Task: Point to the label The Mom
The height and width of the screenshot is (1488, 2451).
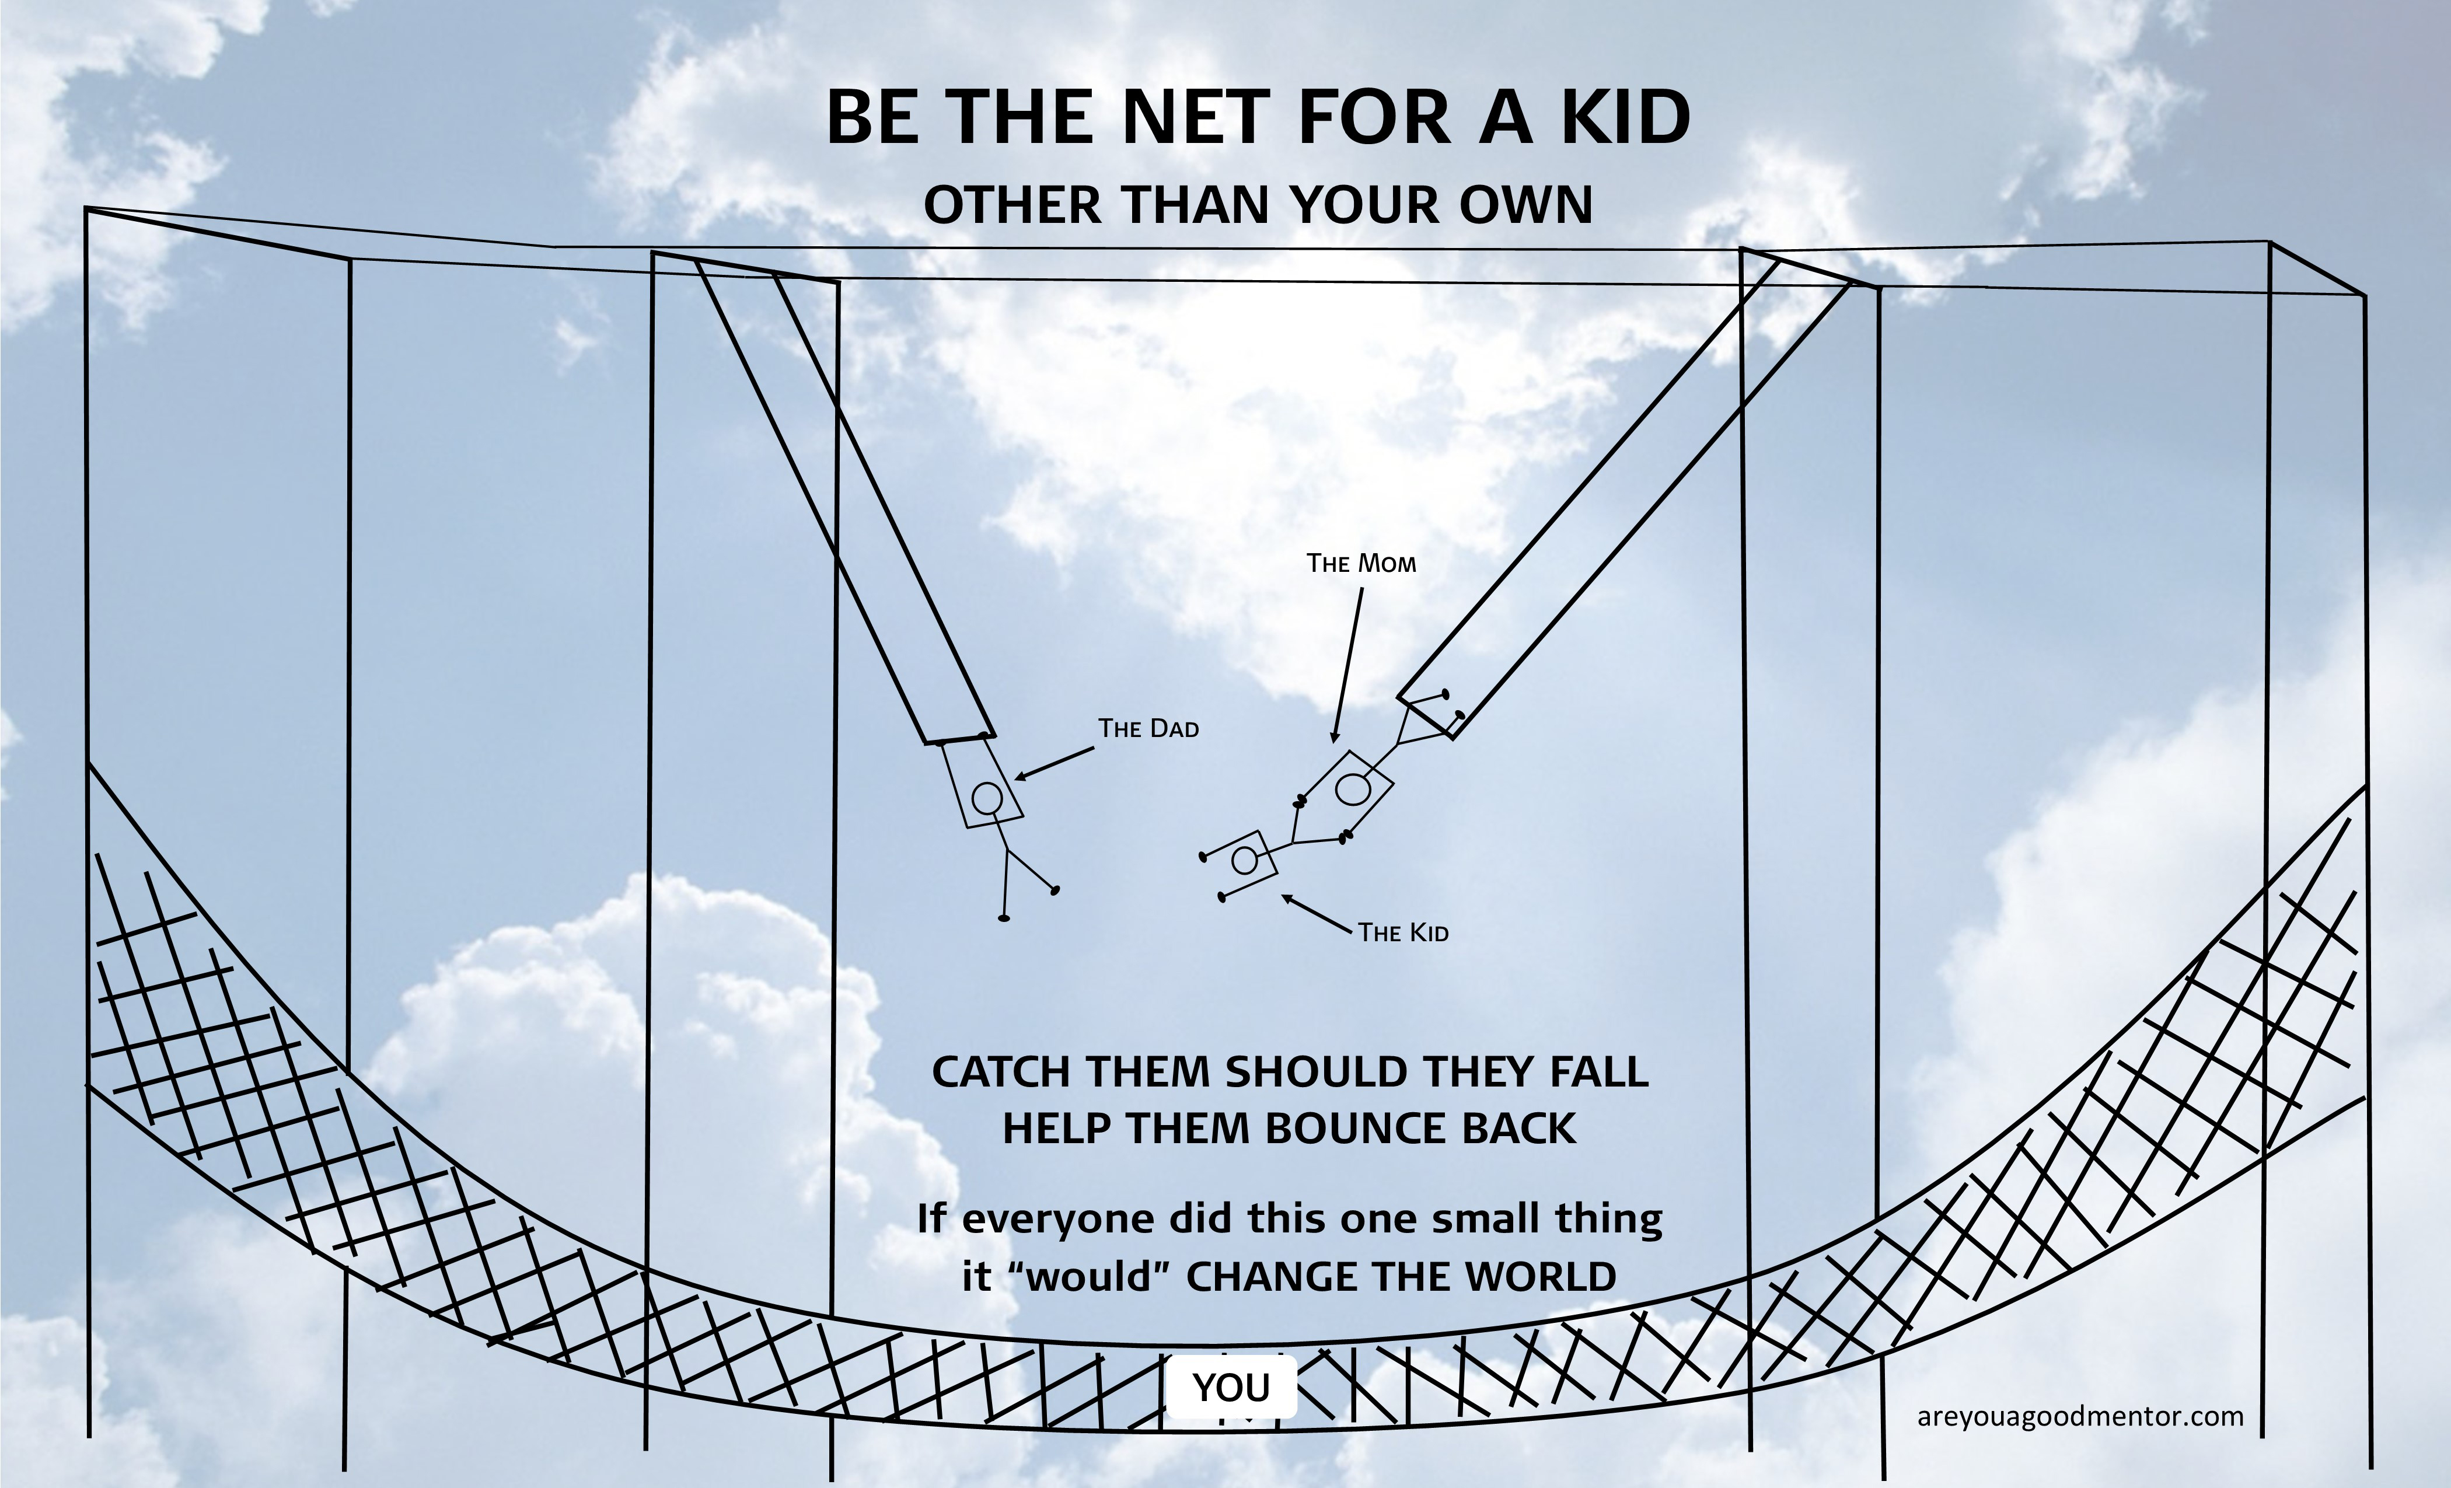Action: coord(1361,564)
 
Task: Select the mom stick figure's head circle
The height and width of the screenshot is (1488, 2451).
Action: coord(1351,789)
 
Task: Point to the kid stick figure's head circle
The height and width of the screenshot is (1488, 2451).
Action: coord(1244,860)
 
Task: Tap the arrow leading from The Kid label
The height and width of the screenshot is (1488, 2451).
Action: coord(1318,914)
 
